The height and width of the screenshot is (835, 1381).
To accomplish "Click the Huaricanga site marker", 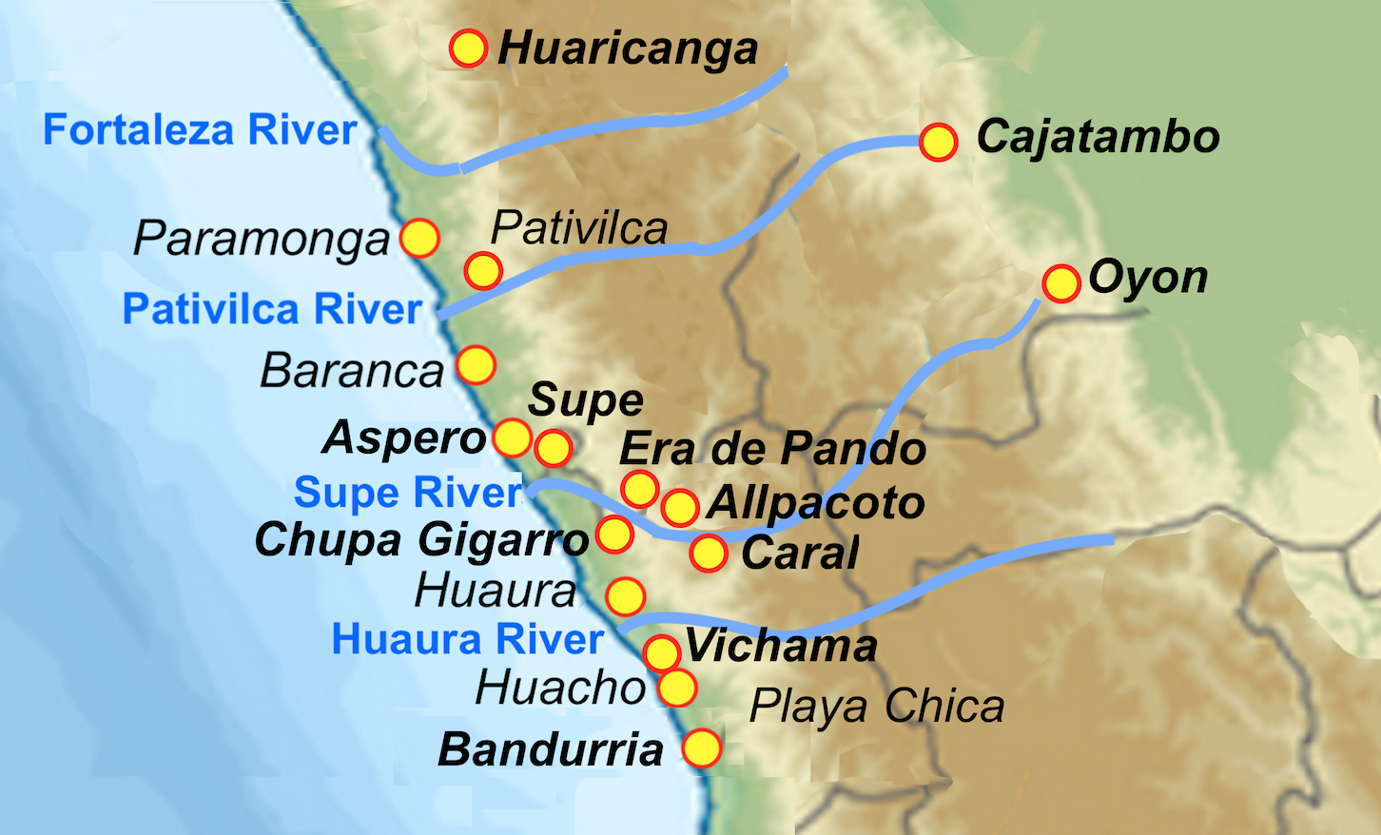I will (468, 48).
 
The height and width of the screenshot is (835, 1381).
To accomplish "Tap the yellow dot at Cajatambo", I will (939, 142).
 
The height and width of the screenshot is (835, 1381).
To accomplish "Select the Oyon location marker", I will (1061, 283).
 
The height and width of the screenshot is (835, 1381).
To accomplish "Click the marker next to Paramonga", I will (419, 238).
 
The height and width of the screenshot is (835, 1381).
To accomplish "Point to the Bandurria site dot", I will (702, 748).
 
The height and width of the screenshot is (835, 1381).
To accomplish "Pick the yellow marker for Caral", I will (709, 553).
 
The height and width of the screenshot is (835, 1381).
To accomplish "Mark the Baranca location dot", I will (476, 365).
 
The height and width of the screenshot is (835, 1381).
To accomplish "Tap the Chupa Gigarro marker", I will (614, 534).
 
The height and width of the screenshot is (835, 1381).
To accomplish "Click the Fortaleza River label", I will (200, 130).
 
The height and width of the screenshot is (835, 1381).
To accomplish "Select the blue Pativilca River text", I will (272, 309).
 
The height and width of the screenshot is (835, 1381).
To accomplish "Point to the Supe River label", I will (408, 493).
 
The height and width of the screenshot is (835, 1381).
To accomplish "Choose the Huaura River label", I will (467, 639).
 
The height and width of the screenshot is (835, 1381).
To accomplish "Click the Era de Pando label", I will (772, 449).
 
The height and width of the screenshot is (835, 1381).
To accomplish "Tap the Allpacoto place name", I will (815, 503).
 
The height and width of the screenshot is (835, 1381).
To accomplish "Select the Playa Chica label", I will (876, 707).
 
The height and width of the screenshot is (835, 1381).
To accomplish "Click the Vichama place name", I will (781, 647).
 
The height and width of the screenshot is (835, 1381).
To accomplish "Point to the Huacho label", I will (560, 688).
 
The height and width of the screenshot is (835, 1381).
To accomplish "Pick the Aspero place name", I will (405, 437).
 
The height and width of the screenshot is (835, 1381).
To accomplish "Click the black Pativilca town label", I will (579, 228).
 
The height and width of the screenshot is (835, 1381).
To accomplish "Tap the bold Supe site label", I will (586, 400).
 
